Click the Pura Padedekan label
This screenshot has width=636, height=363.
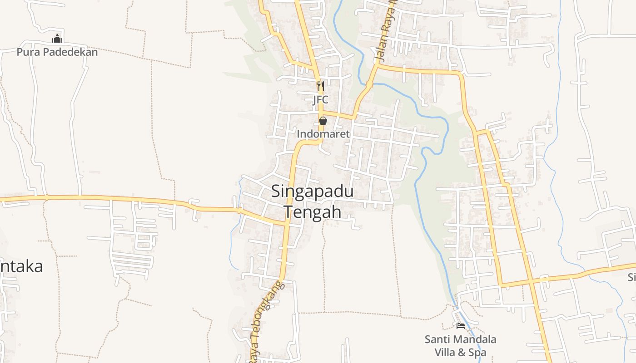click(57, 52)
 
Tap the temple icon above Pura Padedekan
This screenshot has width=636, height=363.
click(57, 39)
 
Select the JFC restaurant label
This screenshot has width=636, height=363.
click(320, 100)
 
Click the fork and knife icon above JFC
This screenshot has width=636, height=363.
click(321, 86)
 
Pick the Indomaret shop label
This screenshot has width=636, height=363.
click(323, 134)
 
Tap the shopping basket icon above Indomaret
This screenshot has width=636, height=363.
click(323, 121)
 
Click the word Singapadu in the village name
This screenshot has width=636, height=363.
click(312, 191)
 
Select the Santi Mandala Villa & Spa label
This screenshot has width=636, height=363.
click(460, 346)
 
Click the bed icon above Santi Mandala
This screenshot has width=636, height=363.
click(461, 325)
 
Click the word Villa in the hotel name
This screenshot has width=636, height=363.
click(447, 353)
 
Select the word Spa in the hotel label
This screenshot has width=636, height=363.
click(477, 353)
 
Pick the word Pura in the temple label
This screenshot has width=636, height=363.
click(26, 52)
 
